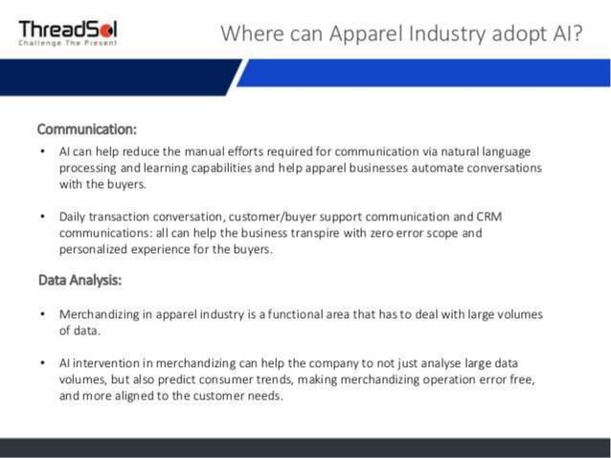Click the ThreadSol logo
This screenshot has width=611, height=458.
pos(68,28)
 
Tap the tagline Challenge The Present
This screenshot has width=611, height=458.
pos(68,44)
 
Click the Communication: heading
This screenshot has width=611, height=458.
pos(86,128)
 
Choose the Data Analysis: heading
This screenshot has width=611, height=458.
pos(79,281)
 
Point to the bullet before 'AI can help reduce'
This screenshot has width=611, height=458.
pos(43,152)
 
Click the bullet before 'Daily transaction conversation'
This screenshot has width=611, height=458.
pos(43,218)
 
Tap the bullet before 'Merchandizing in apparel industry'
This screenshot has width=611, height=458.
pos(43,314)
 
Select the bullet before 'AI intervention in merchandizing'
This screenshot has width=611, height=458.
pos(43,364)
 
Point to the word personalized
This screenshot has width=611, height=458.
pos(93,249)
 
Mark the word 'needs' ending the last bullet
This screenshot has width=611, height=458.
pos(266,397)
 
